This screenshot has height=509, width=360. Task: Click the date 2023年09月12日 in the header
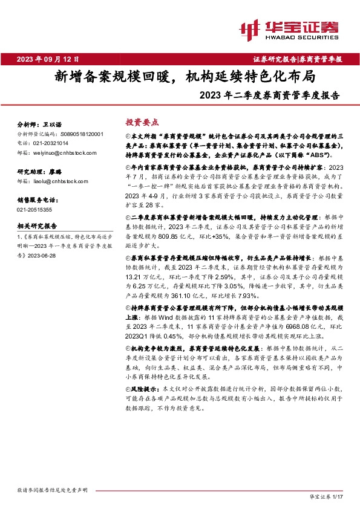click(48, 59)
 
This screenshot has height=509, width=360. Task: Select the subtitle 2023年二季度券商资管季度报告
click(269, 95)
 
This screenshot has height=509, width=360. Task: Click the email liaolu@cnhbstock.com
click(58, 181)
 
